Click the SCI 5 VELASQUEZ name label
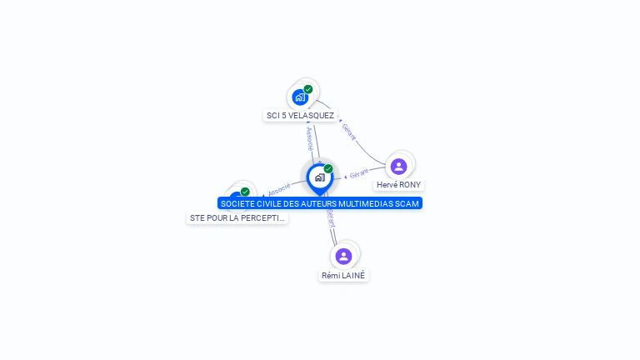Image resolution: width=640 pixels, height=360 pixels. click(x=300, y=116)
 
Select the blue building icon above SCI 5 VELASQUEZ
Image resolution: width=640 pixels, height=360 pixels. click(x=300, y=97)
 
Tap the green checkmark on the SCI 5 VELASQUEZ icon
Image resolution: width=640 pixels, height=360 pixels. click(x=308, y=89)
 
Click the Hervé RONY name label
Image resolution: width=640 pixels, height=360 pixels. click(x=399, y=185)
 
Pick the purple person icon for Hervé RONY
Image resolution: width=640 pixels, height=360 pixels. click(x=399, y=167)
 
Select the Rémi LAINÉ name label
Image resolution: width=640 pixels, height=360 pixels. click(x=343, y=275)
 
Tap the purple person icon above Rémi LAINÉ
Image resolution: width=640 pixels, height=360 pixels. click(x=343, y=256)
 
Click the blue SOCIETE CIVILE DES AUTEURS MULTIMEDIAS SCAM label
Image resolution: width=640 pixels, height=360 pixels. click(x=320, y=203)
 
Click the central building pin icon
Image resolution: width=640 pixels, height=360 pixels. click(x=319, y=177)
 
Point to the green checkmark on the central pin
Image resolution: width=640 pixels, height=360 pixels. click(x=328, y=169)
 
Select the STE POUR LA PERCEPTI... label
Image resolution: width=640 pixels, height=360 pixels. click(x=237, y=218)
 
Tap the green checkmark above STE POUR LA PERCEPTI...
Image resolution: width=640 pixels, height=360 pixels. click(x=245, y=192)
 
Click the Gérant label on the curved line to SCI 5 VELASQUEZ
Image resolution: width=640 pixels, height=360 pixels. click(x=349, y=131)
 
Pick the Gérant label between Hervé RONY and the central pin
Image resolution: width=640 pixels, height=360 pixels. click(x=359, y=174)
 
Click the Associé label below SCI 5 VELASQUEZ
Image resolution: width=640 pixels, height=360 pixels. click(x=309, y=134)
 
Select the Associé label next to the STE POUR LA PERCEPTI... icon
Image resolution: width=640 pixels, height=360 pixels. click(x=279, y=189)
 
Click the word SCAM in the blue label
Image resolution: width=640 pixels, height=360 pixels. click(x=409, y=203)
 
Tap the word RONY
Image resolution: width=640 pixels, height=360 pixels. click(x=410, y=185)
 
